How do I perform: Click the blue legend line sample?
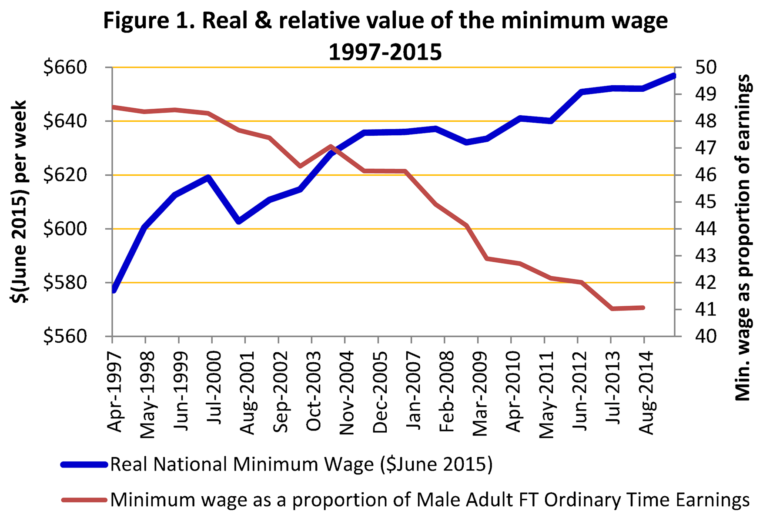[84, 465]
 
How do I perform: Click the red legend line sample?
[84, 500]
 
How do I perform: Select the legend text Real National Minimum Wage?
[301, 465]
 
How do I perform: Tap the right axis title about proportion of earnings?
[743, 237]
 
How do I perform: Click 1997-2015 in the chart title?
[385, 52]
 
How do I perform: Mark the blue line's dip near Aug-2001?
[238, 221]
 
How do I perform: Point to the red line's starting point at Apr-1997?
[113, 107]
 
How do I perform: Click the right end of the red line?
[643, 307]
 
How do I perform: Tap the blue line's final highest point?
[673, 76]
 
